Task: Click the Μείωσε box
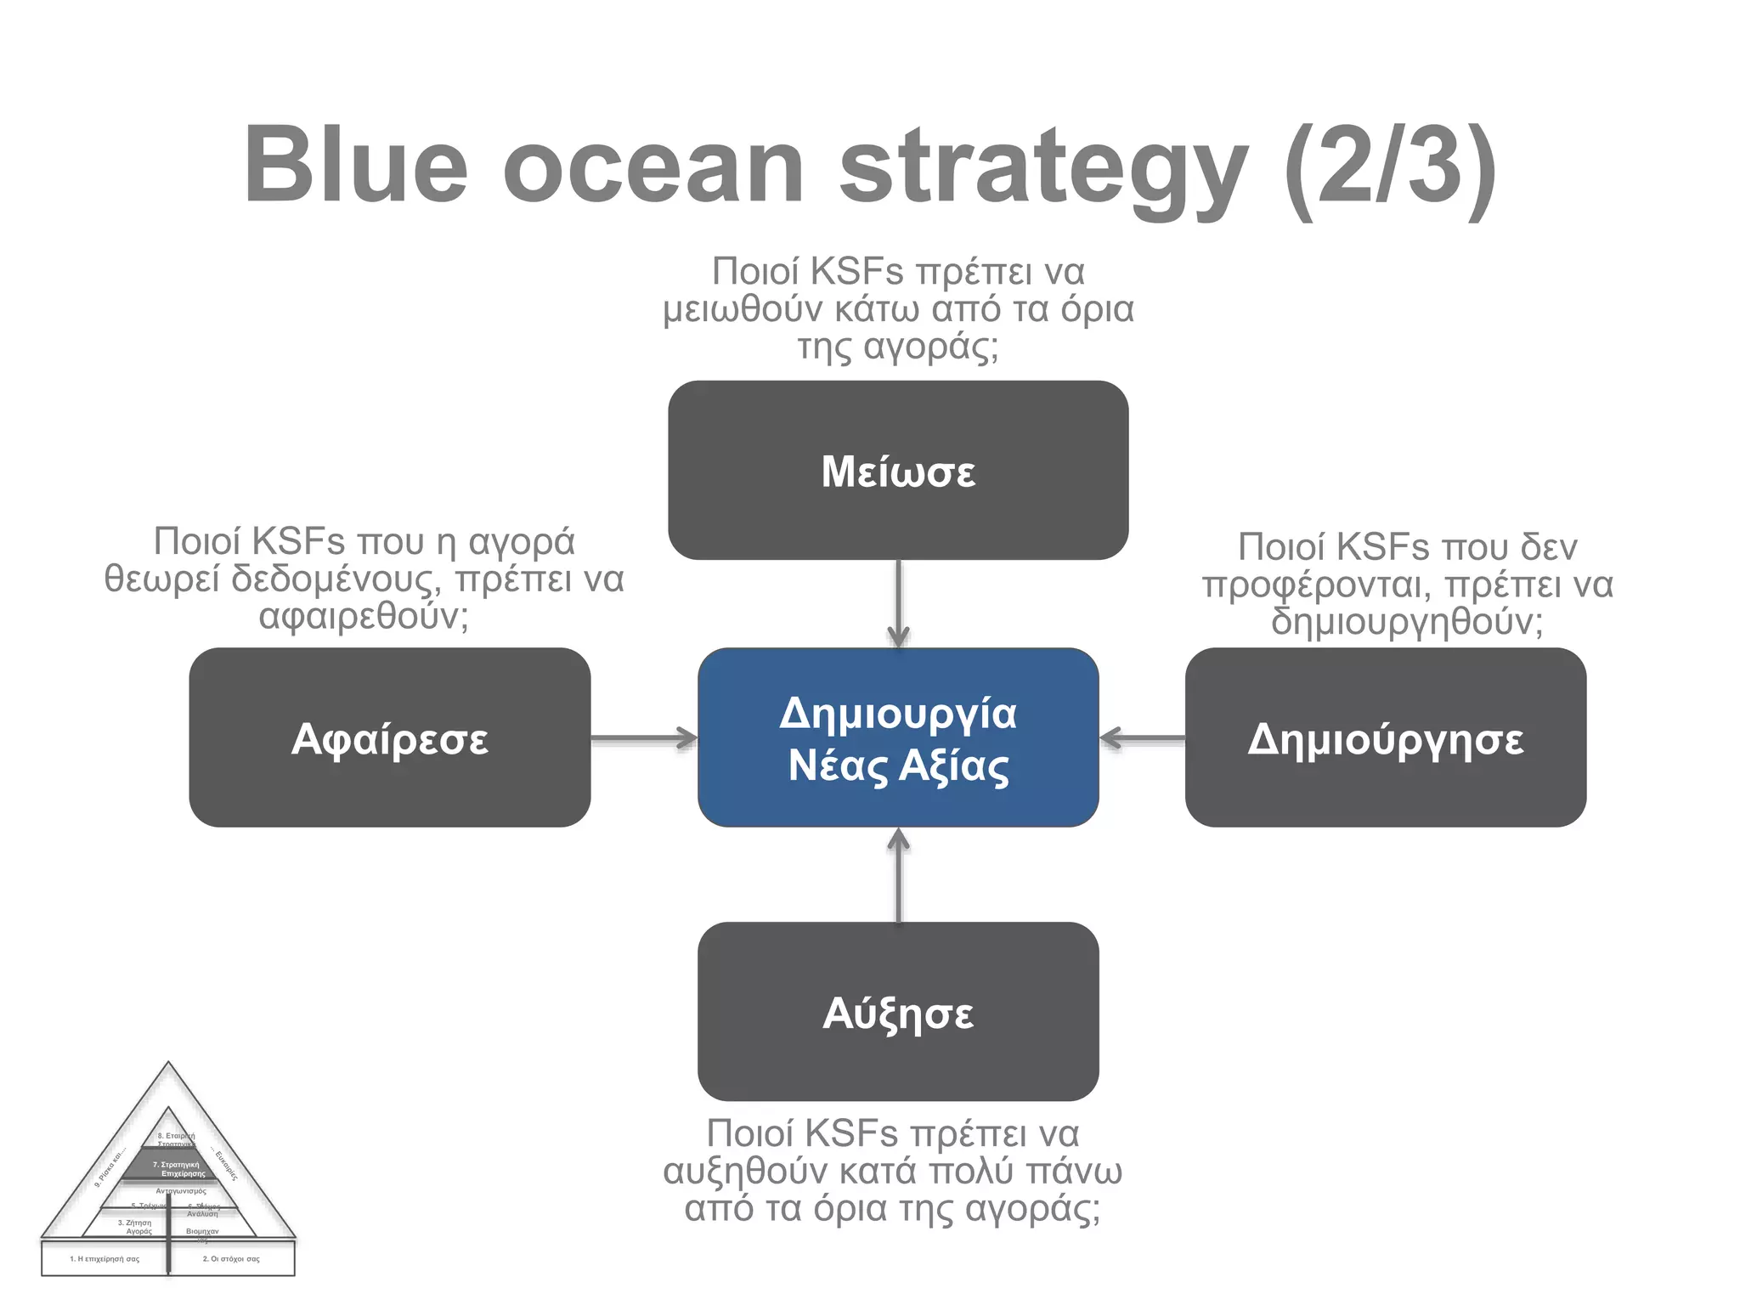point(898,470)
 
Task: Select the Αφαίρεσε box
point(389,737)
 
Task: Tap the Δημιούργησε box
point(1385,737)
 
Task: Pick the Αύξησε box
point(898,1011)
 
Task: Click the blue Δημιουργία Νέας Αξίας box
point(898,737)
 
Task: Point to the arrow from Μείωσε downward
point(898,603)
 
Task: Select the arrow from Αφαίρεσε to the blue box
point(643,737)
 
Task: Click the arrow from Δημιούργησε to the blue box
point(1142,737)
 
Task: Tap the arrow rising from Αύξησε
point(898,875)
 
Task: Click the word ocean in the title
point(652,166)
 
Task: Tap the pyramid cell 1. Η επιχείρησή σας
point(105,1259)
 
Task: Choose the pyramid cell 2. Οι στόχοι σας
point(231,1259)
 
